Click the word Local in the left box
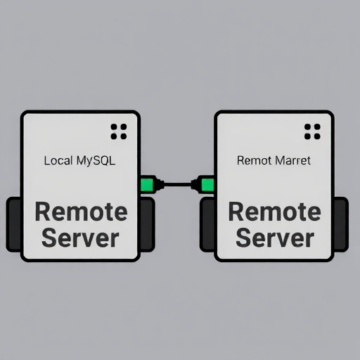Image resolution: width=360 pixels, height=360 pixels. [58, 161]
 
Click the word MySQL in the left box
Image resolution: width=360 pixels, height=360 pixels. [96, 161]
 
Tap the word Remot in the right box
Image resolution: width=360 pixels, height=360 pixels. [254, 161]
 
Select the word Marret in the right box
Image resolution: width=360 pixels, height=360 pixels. [292, 161]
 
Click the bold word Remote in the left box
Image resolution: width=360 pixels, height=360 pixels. [81, 212]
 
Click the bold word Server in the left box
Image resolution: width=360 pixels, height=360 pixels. [80, 238]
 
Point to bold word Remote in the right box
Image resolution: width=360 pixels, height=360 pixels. [274, 212]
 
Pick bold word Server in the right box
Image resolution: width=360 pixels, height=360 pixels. [275, 238]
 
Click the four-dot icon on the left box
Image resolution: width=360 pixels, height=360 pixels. [119, 131]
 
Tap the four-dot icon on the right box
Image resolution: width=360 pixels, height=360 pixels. [312, 131]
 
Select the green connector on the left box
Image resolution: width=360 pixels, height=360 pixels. [147, 184]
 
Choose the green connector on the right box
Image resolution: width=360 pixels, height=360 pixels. [207, 185]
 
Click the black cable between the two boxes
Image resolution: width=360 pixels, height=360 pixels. [177, 184]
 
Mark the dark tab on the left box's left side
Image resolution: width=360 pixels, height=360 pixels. [13, 224]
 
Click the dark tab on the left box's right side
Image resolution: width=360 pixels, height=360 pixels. [147, 224]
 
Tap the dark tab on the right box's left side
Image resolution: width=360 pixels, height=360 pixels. [207, 224]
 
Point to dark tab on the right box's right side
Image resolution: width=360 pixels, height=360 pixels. [341, 224]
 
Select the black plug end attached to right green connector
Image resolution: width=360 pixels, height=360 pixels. [196, 185]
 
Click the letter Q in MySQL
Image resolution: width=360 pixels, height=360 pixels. [105, 161]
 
